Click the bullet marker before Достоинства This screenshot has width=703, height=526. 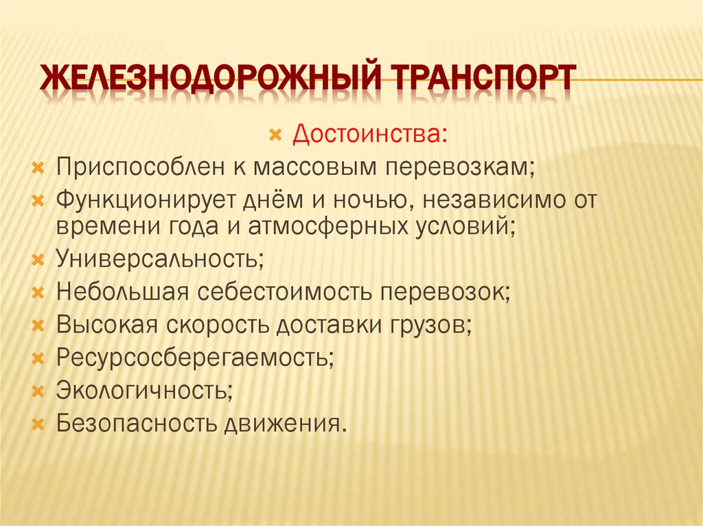[x=275, y=135]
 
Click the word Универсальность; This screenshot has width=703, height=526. [x=161, y=259]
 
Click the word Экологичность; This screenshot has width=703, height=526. [x=144, y=391]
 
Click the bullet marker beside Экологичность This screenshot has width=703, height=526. [x=39, y=391]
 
